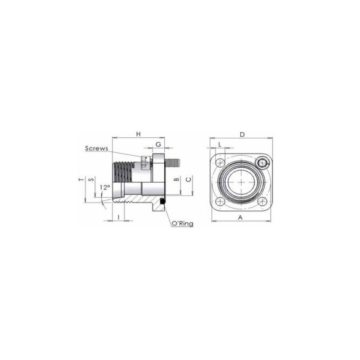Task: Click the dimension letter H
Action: coord(138,134)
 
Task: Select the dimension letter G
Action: coord(158,144)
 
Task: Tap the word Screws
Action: coord(96,148)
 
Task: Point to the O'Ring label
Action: coord(183,223)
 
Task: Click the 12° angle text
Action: coord(105,187)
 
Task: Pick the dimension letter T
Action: coord(81,180)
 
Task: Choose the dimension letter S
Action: coord(91,179)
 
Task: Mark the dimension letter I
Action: coord(118,217)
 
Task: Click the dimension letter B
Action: coord(176,179)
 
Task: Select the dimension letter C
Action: coord(189,179)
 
